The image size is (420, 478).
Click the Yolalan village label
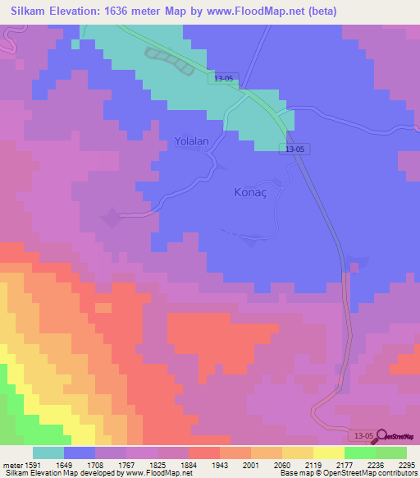coord(192,141)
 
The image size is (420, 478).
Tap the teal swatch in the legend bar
coord(48,453)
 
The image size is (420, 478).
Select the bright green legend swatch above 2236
coord(359,453)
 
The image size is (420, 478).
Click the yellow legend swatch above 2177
coord(328,453)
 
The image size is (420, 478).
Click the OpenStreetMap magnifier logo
coord(382,434)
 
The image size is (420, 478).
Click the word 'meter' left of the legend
coord(12,464)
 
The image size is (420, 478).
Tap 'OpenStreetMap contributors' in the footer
coord(380,473)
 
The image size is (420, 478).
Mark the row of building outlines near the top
coord(171,62)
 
